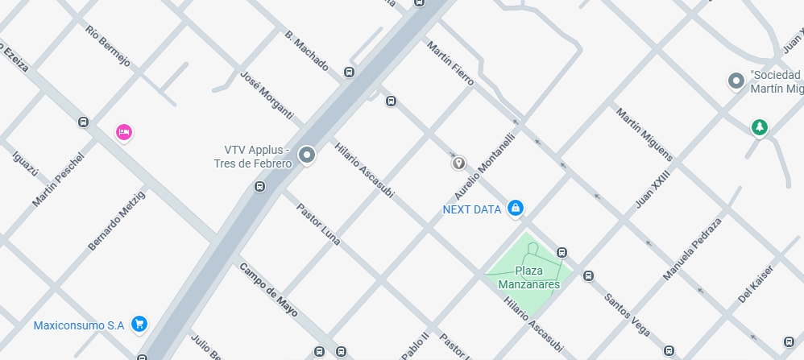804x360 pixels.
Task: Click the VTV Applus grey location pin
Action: (306, 155)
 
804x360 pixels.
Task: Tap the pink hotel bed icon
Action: (123, 131)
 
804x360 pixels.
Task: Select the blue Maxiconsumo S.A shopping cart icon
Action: (139, 324)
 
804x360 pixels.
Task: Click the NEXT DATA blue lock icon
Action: (516, 209)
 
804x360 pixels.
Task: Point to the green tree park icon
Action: (758, 126)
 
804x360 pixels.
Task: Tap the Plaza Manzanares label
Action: (528, 277)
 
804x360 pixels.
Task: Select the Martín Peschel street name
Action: (57, 179)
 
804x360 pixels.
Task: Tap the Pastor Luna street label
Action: (318, 224)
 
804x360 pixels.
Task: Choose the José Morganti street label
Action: (267, 95)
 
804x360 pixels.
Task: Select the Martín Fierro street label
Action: (450, 64)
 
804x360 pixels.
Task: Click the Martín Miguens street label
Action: (644, 134)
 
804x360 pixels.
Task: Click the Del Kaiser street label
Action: (756, 284)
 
